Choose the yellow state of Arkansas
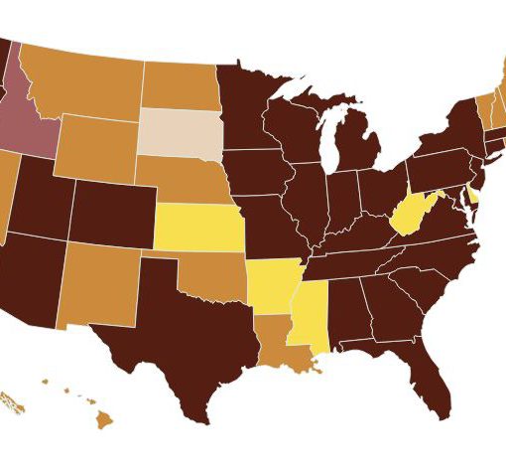(269, 287)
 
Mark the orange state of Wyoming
(97, 149)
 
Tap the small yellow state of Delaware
(472, 196)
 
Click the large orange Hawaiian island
(104, 421)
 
